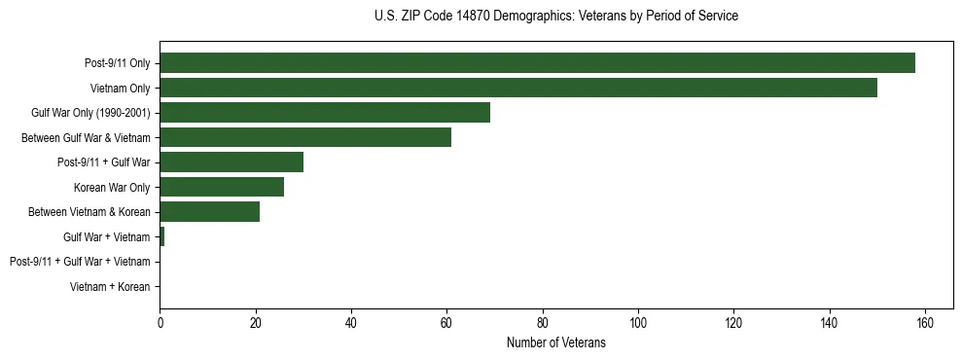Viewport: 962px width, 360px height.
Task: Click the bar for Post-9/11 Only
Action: click(537, 63)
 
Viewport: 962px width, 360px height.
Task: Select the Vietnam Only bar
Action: click(518, 88)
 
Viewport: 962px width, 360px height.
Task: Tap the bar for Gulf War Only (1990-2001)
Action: click(325, 113)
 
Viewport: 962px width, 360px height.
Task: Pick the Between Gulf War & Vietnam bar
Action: click(305, 137)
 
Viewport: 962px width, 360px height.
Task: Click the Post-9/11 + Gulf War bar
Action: click(232, 162)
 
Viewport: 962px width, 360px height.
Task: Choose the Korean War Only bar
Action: click(222, 187)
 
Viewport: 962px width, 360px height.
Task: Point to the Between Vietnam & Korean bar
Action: click(210, 212)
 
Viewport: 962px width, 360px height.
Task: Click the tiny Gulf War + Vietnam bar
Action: click(162, 236)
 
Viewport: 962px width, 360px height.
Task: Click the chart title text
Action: click(555, 17)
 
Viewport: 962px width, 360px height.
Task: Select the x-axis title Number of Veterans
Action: click(555, 342)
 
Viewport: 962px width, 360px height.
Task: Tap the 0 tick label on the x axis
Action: click(160, 323)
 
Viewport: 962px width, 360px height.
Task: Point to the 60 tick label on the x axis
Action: click(447, 323)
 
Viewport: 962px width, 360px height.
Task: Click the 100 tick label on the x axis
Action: click(638, 323)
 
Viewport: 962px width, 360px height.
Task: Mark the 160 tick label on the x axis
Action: click(925, 323)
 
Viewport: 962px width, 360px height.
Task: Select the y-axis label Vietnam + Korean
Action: click(110, 287)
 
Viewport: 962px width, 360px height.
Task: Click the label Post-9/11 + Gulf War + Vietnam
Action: click(80, 262)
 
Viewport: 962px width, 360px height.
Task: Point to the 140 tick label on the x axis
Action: click(830, 323)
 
